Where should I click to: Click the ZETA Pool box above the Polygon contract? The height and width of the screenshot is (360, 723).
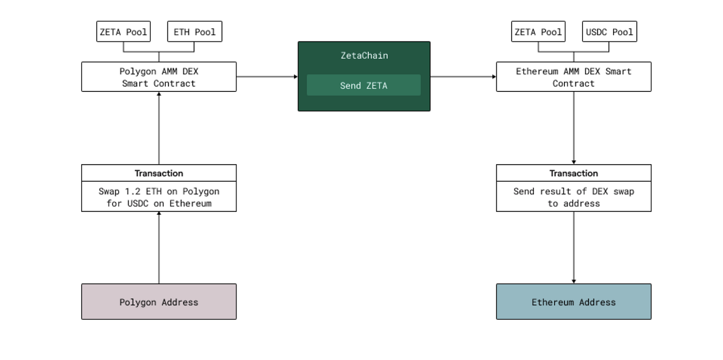(x=123, y=32)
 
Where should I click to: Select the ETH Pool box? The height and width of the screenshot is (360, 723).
(x=194, y=32)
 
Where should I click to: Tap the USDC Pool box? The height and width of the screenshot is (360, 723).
(x=609, y=32)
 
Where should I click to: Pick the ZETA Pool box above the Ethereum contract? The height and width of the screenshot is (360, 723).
(x=538, y=32)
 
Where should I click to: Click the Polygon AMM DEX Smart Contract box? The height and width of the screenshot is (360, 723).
(x=159, y=77)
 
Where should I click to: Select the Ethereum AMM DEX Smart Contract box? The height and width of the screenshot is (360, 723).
(x=573, y=77)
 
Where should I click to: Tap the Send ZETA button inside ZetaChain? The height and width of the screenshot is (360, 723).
(x=364, y=85)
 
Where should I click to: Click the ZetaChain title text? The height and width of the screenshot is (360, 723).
(x=364, y=55)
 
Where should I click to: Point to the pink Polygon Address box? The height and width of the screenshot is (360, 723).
(x=159, y=302)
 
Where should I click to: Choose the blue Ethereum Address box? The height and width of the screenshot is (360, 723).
(x=573, y=302)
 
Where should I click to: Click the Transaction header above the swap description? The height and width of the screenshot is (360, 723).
(x=159, y=173)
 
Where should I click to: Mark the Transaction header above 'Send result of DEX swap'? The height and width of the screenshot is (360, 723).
(x=573, y=173)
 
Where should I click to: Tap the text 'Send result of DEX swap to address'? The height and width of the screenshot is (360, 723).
(x=573, y=197)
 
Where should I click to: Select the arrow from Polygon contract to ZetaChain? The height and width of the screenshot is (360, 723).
(x=267, y=76)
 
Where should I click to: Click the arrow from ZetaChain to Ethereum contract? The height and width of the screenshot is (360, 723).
(x=463, y=76)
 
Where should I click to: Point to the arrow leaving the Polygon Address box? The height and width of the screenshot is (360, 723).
(x=159, y=248)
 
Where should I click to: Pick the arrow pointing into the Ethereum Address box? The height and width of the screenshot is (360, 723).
(x=573, y=248)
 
